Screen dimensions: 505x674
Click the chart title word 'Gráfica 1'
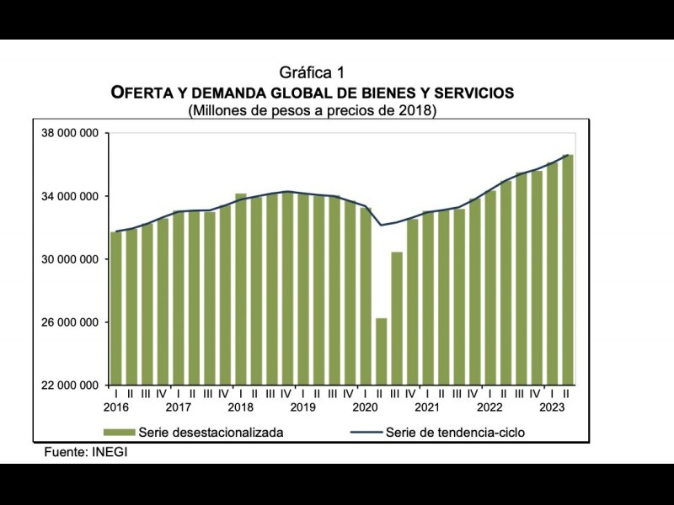pyautogui.click(x=312, y=73)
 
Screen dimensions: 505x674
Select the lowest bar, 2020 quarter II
pyautogui.click(x=381, y=351)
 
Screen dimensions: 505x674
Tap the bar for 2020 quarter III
pyautogui.click(x=396, y=318)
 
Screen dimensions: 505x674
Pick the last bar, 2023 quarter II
pyautogui.click(x=568, y=269)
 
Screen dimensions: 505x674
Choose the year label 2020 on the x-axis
pyautogui.click(x=364, y=408)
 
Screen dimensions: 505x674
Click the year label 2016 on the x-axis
pyautogui.click(x=116, y=408)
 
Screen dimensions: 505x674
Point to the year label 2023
pyautogui.click(x=551, y=408)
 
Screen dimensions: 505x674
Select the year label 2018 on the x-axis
pyautogui.click(x=240, y=408)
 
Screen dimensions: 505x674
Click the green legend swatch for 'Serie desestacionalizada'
pyautogui.click(x=118, y=433)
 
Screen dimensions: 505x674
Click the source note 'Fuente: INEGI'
pyautogui.click(x=86, y=452)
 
